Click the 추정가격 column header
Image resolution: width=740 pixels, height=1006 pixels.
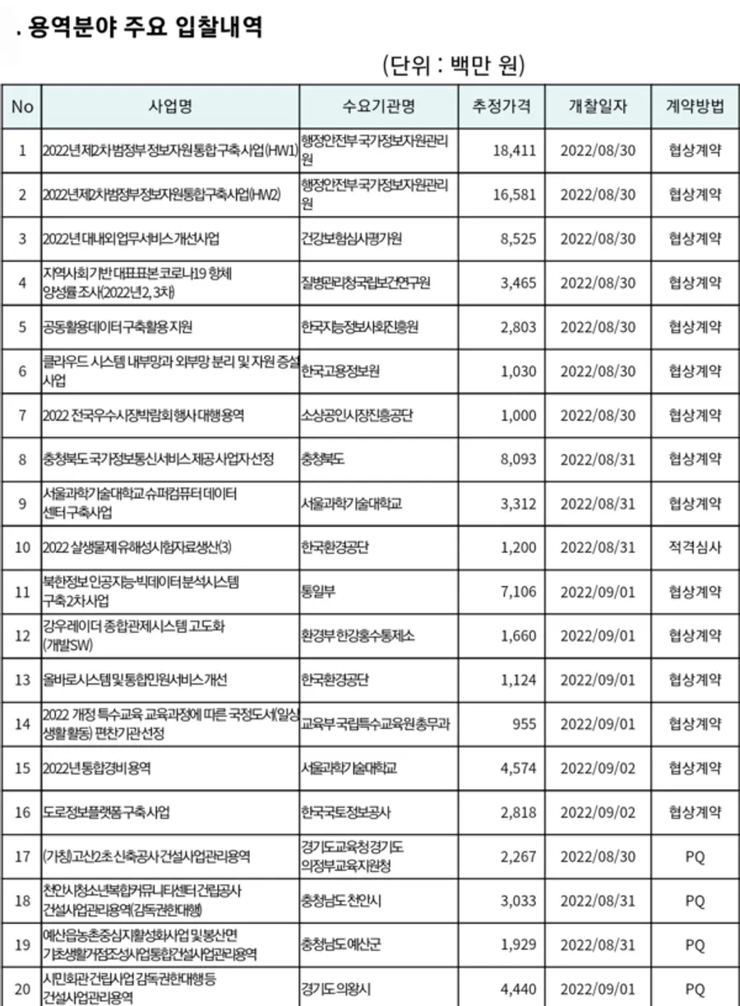(502, 106)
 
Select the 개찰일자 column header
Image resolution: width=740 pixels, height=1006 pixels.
(598, 106)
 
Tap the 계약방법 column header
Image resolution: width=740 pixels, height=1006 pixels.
(695, 106)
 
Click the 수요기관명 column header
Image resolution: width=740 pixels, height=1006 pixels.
(379, 106)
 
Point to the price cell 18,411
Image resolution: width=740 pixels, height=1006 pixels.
(515, 150)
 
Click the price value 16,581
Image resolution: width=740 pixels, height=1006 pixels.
(515, 195)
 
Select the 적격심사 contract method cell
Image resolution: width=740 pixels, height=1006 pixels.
(695, 547)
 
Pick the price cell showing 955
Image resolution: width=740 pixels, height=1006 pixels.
(524, 724)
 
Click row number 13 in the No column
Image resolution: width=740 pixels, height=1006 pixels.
(22, 680)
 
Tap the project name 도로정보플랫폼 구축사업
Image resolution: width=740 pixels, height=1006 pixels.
(107, 813)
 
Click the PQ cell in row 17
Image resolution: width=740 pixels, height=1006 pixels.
(695, 857)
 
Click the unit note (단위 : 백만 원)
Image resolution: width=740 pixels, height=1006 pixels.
(454, 63)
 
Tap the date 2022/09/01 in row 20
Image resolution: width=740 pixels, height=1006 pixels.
(598, 990)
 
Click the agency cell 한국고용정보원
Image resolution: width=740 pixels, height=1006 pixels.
(340, 371)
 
